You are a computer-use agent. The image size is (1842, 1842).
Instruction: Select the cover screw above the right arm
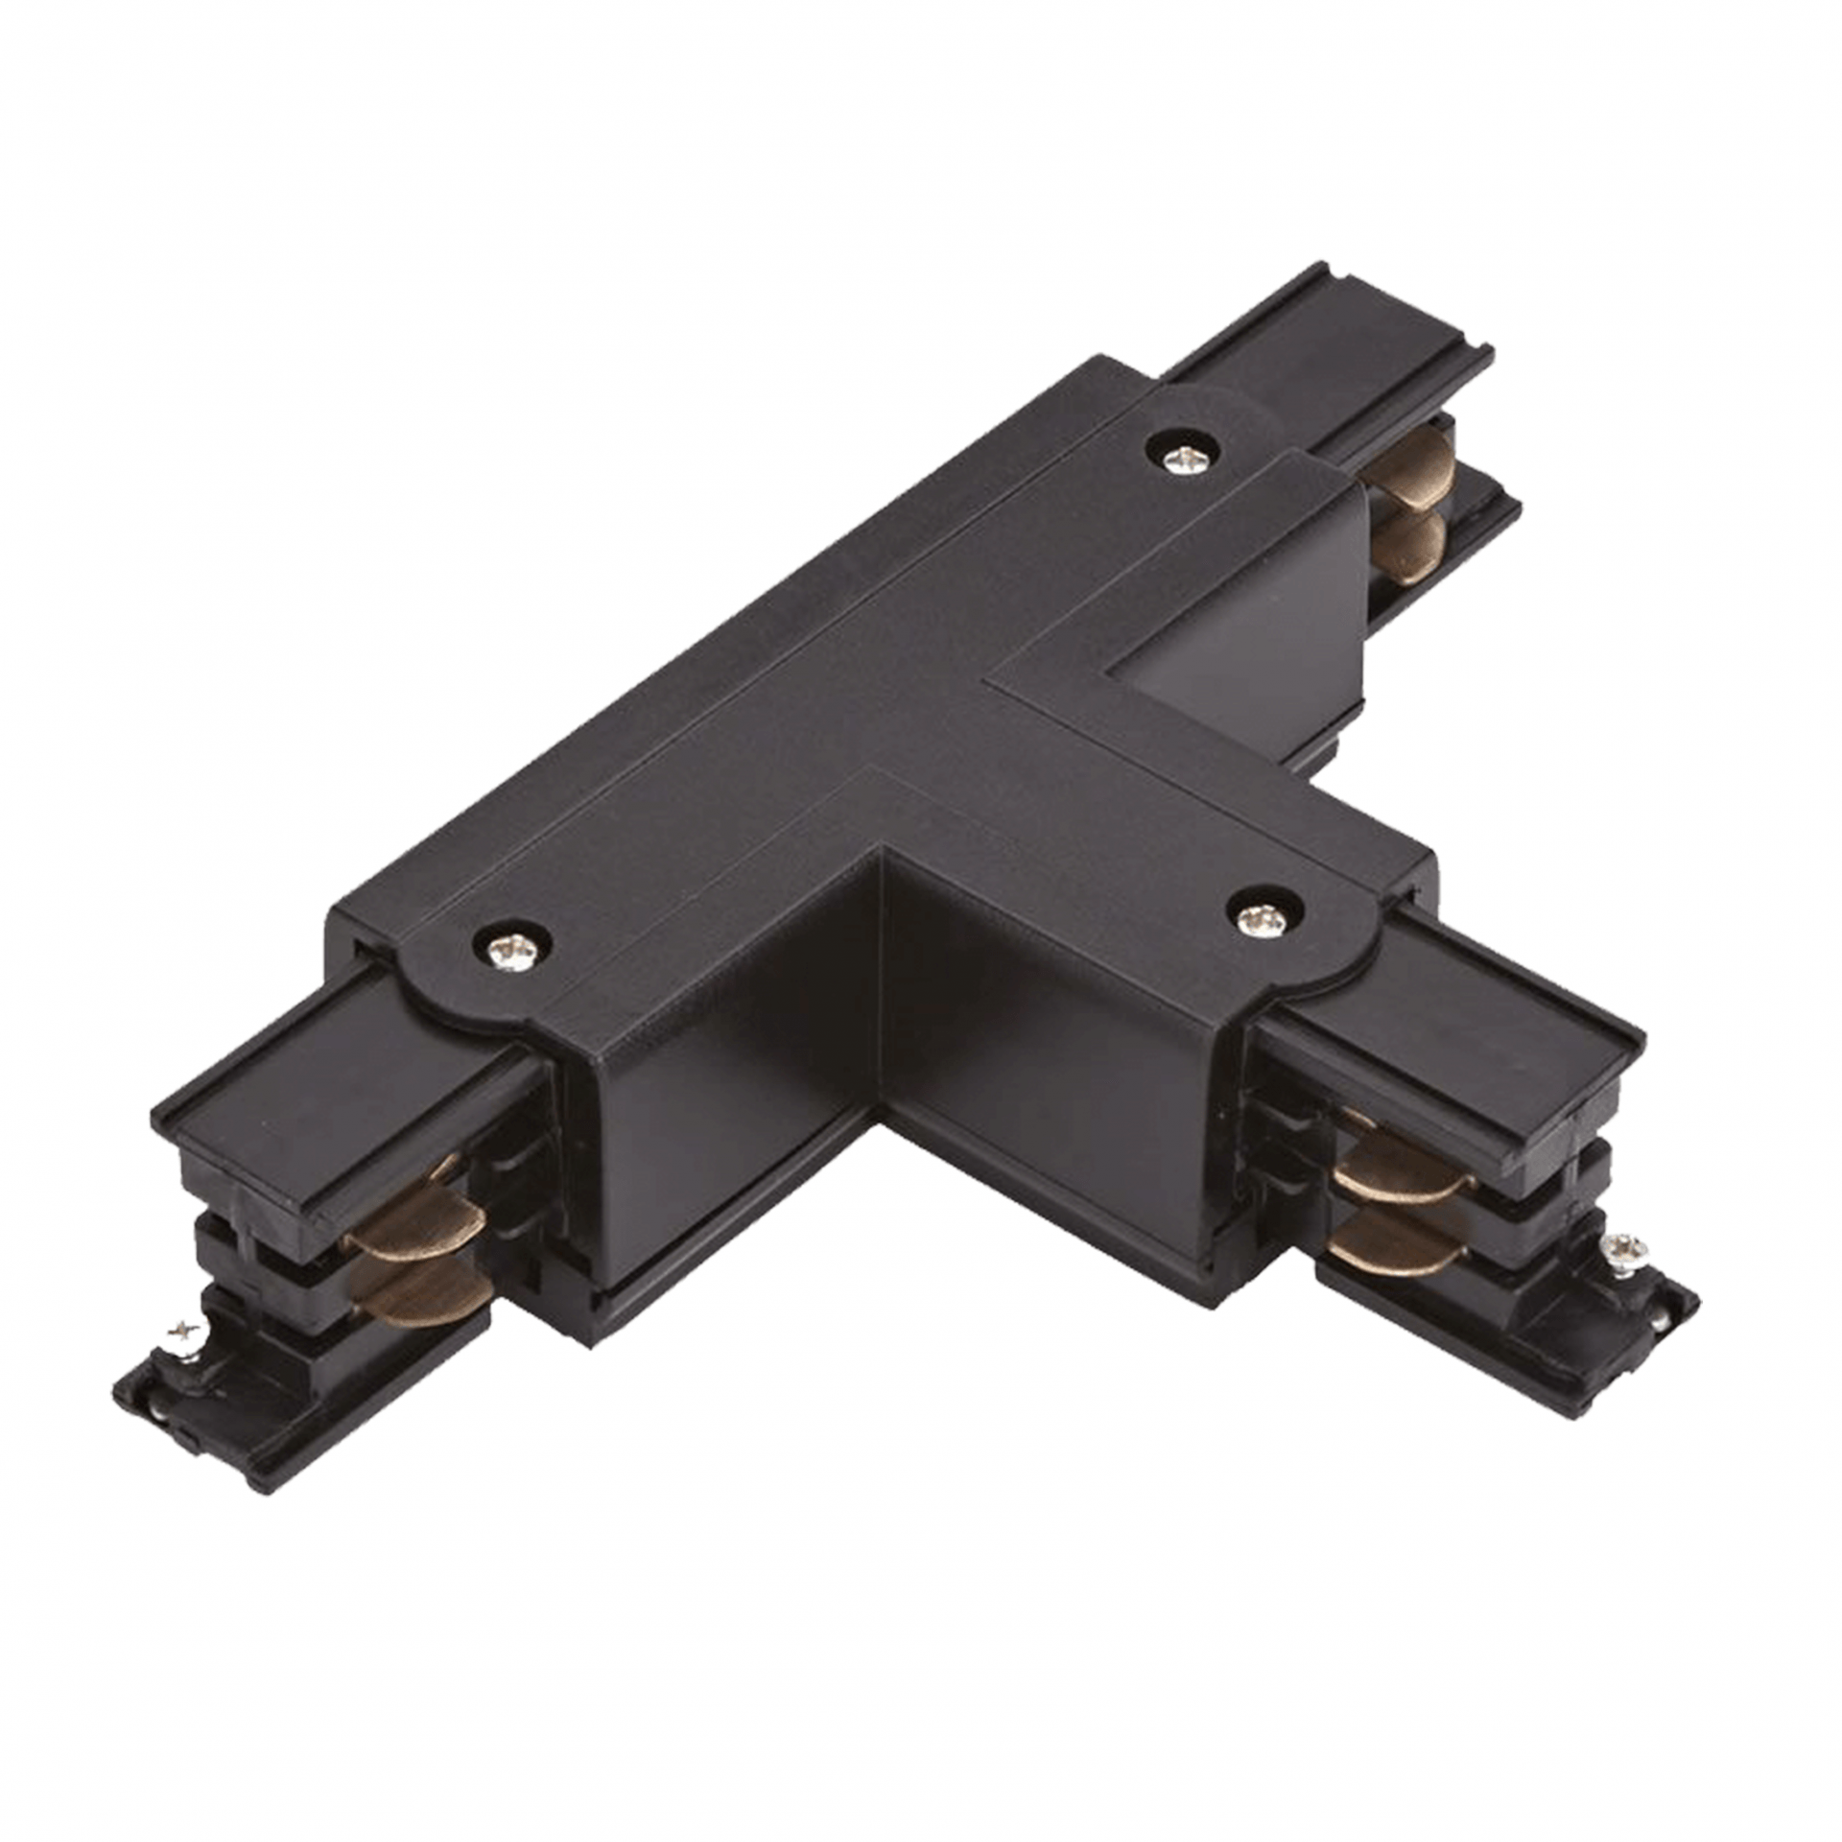[x=1263, y=921]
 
